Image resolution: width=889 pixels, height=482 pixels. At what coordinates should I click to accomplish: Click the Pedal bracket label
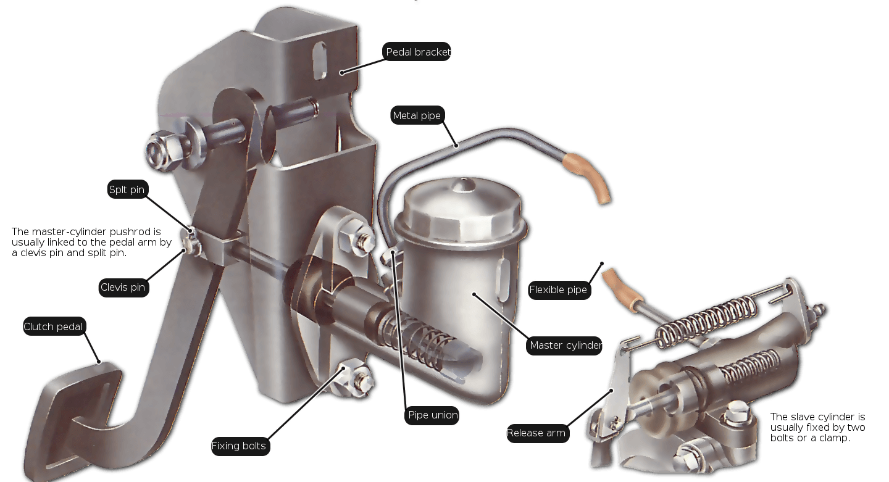coord(416,52)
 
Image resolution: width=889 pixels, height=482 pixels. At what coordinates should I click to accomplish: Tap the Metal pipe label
coord(417,115)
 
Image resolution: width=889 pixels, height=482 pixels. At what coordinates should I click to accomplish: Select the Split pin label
coord(128,189)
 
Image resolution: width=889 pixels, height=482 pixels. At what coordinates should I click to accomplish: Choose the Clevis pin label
coord(123,287)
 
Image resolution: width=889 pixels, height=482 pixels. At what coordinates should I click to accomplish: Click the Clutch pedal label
coord(54,326)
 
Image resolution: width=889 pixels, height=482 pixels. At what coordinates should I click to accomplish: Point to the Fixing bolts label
coord(240,446)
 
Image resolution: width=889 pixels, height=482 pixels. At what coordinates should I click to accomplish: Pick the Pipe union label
coord(432,415)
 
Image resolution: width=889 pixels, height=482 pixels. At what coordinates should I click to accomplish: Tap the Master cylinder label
coord(564,345)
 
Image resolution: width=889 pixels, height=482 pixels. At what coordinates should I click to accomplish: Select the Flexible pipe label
coord(559,289)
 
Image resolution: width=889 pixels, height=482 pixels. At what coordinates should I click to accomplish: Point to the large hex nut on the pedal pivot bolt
coord(164,151)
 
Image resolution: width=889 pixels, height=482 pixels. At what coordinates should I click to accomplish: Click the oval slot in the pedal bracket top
coord(320,60)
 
